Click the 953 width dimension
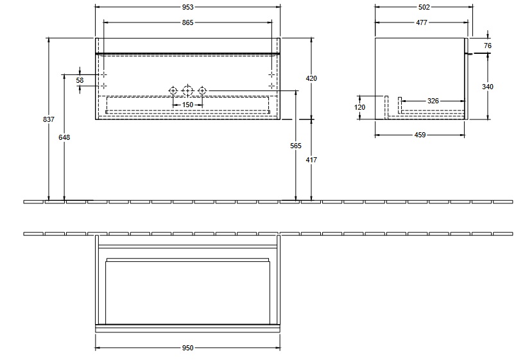click(187, 7)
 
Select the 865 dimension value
click(187, 22)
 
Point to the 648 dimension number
click(64, 137)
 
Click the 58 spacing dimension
click(80, 80)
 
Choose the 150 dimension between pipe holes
click(187, 104)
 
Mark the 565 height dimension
click(295, 146)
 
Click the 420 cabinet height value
click(311, 78)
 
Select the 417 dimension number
click(311, 159)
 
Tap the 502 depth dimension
click(423, 7)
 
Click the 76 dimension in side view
click(487, 46)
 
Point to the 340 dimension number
click(487, 87)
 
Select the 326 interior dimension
click(433, 101)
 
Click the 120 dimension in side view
click(359, 107)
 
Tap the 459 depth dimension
click(420, 135)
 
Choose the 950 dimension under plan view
click(187, 348)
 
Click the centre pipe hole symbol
click(187, 90)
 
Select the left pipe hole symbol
click(173, 90)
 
